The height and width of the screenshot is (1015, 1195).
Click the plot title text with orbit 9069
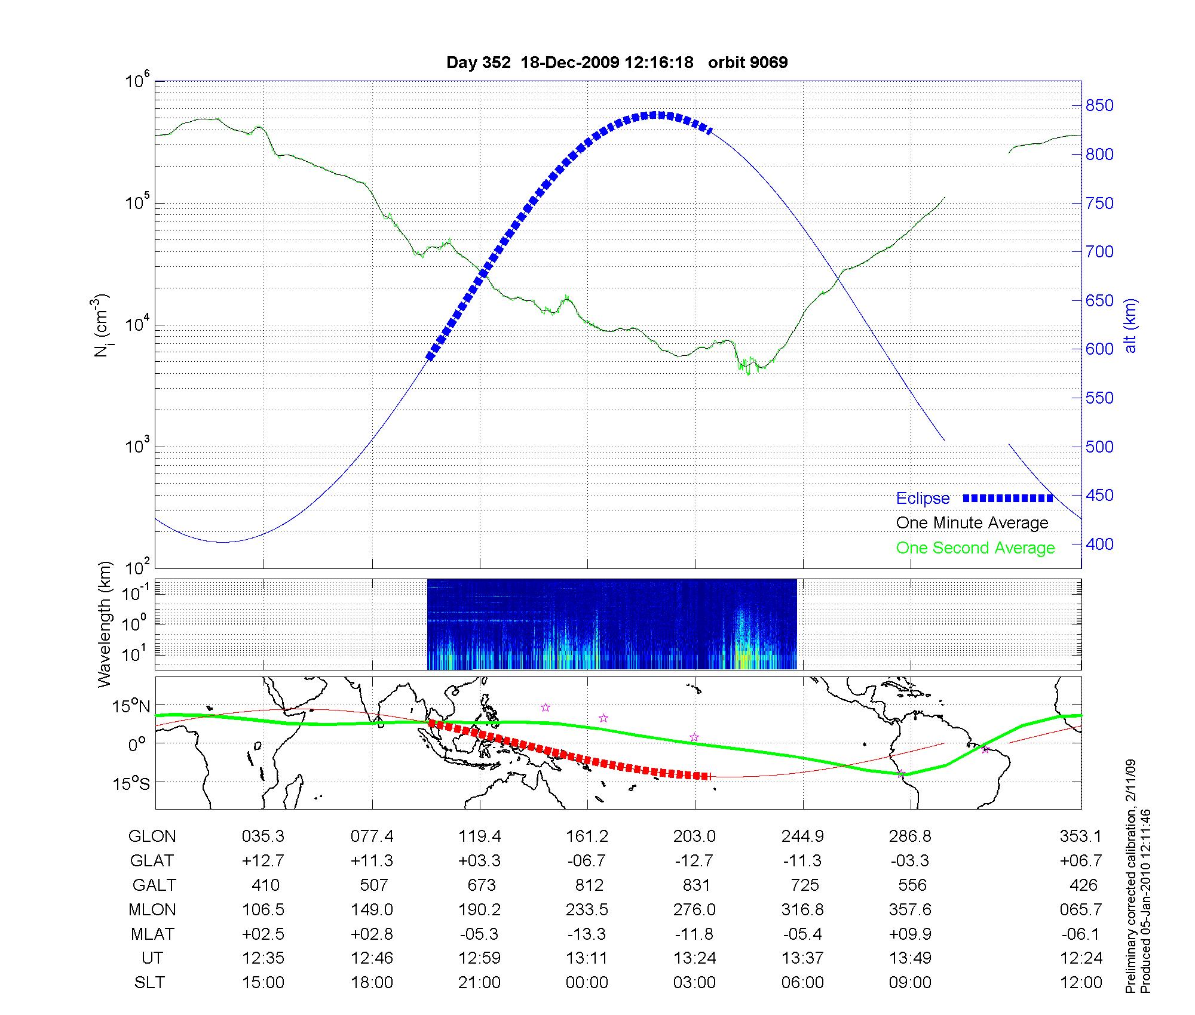coord(617,63)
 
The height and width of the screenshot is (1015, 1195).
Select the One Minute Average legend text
coord(972,523)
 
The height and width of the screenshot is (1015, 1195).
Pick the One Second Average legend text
coord(975,548)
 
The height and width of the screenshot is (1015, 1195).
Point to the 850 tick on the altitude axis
coord(1099,106)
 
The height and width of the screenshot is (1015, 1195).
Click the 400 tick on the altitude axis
coord(1099,544)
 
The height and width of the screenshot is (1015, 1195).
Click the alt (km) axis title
coord(1130,325)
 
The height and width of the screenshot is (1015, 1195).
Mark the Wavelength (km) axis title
coord(105,624)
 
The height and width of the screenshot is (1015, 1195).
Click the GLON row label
coord(152,836)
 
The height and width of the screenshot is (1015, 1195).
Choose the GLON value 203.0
coord(694,836)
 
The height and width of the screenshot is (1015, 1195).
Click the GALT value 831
coord(696,885)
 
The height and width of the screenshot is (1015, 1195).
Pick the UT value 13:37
coord(802,958)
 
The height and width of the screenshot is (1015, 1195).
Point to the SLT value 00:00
coord(587,983)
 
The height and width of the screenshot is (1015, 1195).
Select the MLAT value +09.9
coord(910,934)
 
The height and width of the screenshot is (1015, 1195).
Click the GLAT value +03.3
coord(479,861)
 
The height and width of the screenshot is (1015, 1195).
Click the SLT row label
coord(149,983)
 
